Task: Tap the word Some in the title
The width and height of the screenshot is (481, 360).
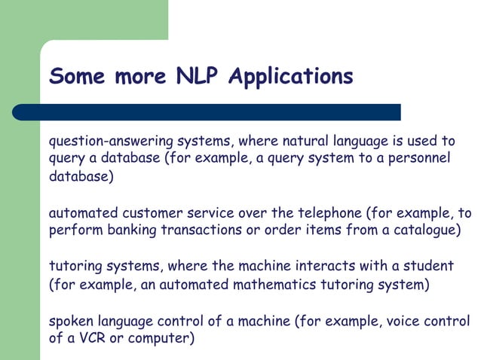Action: click(x=78, y=76)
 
